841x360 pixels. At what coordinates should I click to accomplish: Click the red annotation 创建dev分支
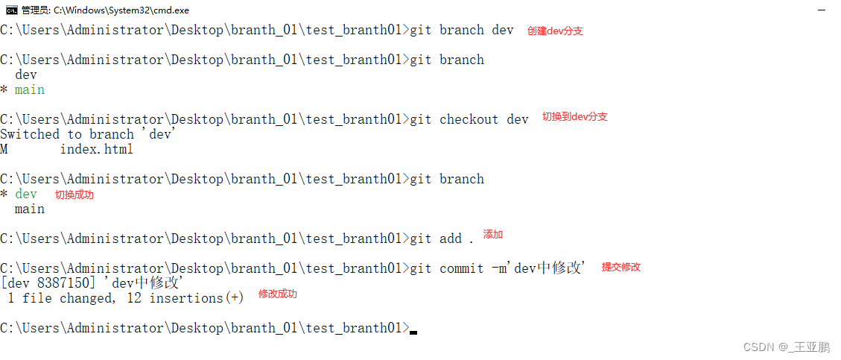pos(555,31)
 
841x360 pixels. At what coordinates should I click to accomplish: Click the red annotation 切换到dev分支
pos(574,117)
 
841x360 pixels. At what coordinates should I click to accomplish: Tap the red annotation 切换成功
pos(74,195)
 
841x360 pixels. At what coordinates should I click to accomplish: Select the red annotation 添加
pos(493,235)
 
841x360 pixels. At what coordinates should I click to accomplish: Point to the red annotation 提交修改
pos(621,267)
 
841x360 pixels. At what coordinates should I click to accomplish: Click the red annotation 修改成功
pos(277,294)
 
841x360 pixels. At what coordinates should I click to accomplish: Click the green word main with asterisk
pos(30,89)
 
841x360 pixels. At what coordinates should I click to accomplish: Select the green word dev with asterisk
pos(26,194)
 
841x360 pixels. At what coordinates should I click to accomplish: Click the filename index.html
pos(97,149)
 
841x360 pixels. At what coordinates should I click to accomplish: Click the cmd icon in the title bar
pos(11,10)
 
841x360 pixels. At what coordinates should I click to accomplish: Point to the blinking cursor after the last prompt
pos(413,332)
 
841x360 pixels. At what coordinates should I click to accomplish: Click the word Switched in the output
pos(30,134)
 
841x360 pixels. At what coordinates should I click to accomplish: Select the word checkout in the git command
pos(469,119)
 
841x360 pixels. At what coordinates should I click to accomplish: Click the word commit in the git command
pos(462,268)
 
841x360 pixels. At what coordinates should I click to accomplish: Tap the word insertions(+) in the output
pos(197,298)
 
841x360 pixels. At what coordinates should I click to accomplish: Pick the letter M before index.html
pos(4,149)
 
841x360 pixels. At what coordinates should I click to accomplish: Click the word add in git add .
pos(451,239)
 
